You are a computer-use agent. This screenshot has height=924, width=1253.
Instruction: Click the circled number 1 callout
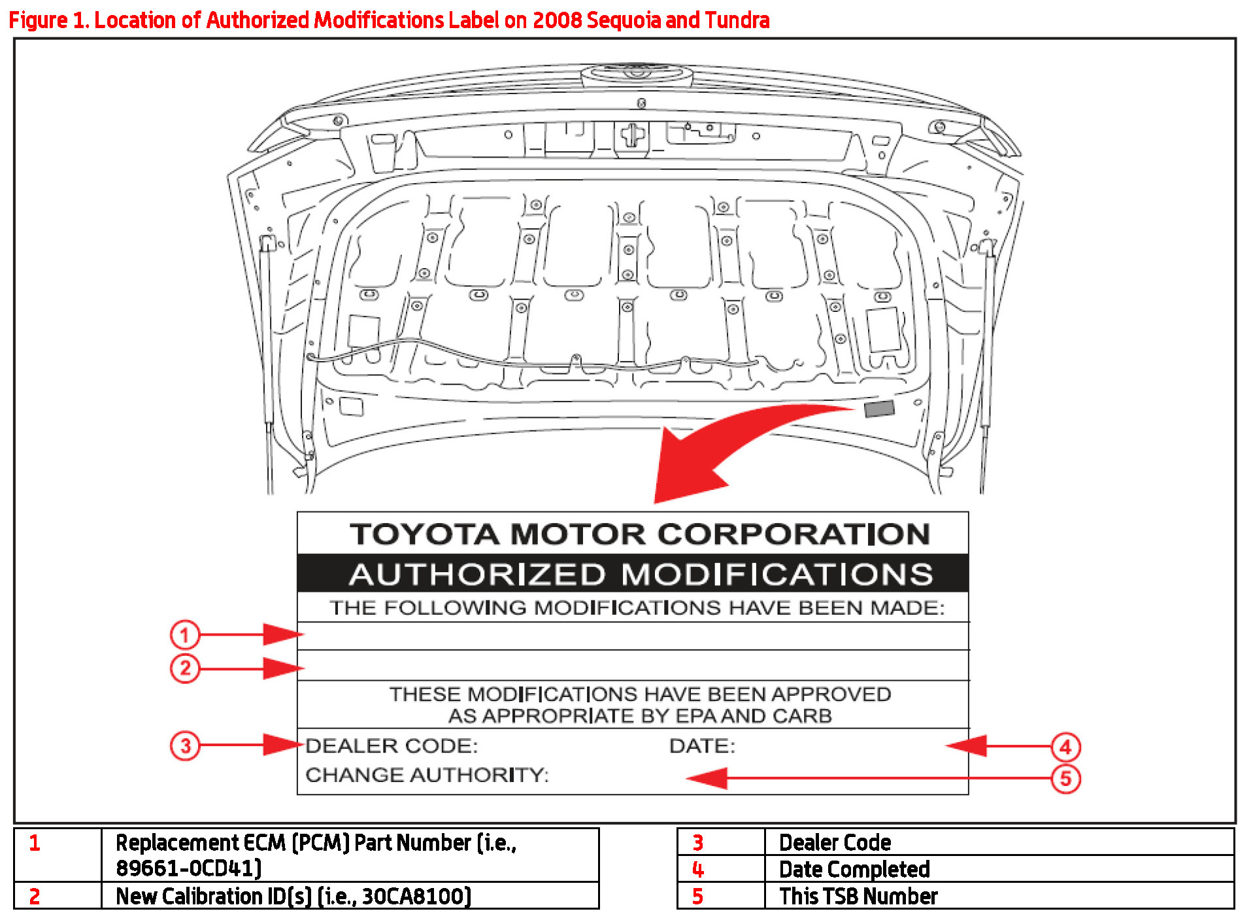[x=184, y=634]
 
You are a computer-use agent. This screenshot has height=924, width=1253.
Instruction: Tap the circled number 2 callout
[x=184, y=668]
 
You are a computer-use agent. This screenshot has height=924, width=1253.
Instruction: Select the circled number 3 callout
[x=185, y=745]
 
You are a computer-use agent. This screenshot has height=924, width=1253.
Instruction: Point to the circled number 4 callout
[x=1065, y=747]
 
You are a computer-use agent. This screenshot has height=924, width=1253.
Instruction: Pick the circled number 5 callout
[x=1065, y=779]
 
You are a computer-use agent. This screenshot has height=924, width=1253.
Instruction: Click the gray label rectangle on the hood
[x=878, y=409]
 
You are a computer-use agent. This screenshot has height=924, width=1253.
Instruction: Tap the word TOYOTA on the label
[x=425, y=534]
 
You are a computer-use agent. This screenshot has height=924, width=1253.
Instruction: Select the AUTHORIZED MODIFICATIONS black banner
[x=633, y=574]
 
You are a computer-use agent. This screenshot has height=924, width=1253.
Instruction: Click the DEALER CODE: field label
[x=392, y=746]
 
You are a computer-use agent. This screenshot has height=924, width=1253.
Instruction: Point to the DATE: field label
[x=702, y=746]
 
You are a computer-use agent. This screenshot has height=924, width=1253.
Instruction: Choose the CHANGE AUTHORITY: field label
[x=427, y=775]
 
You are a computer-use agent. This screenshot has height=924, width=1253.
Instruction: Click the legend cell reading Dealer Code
[x=835, y=842]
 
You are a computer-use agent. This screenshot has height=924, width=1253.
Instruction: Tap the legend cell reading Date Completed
[x=854, y=869]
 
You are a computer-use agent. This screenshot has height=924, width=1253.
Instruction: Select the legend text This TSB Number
[x=858, y=896]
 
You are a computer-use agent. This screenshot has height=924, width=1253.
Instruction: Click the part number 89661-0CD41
[x=188, y=868]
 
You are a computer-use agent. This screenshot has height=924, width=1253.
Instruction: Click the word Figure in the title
[x=38, y=20]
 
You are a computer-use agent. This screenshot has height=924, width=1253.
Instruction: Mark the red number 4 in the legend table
[x=697, y=869]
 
